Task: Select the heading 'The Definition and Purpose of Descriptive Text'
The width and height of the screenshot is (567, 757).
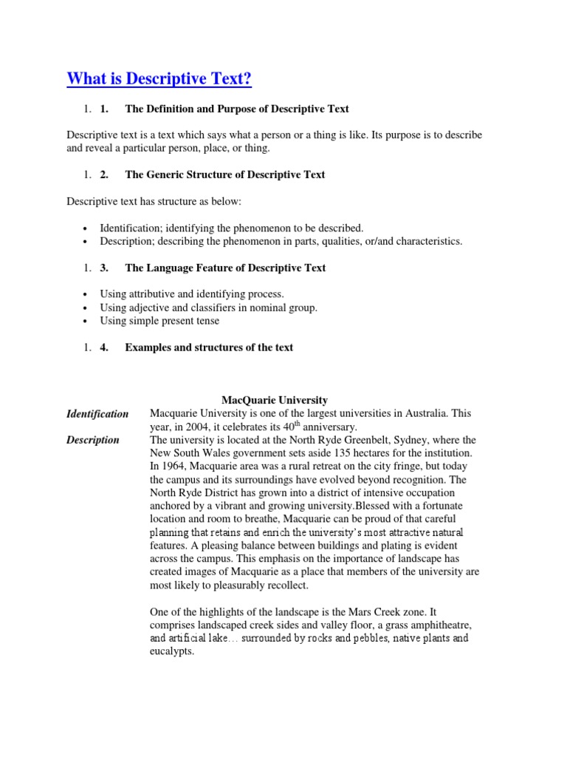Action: [x=236, y=109]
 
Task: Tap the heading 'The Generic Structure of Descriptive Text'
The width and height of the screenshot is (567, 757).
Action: [x=224, y=175]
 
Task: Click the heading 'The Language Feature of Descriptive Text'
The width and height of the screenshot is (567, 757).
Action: [x=225, y=268]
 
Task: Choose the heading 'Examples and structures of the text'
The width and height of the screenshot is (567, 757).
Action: [x=209, y=347]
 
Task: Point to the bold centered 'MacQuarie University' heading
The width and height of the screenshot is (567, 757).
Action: [x=275, y=400]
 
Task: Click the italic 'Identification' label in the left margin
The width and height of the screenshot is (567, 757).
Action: [x=97, y=414]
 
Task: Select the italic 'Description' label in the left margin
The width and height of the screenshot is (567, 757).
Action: [x=92, y=440]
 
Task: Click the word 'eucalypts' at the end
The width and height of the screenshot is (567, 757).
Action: [x=171, y=652]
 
